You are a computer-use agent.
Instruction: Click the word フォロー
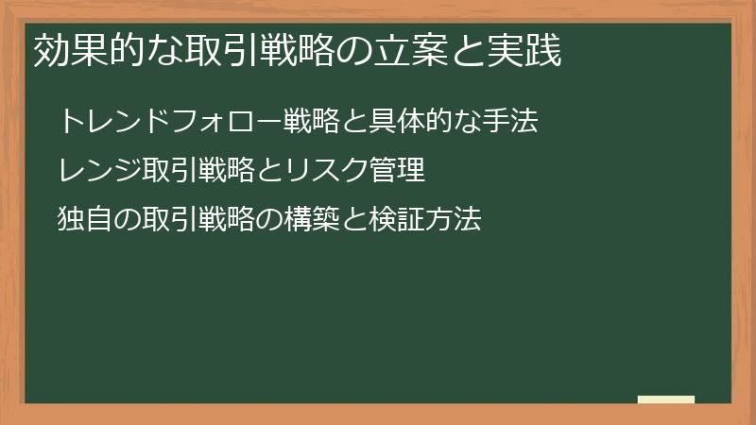point(204,121)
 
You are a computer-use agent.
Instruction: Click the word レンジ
point(95,171)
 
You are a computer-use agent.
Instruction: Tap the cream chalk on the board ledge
point(665,399)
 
